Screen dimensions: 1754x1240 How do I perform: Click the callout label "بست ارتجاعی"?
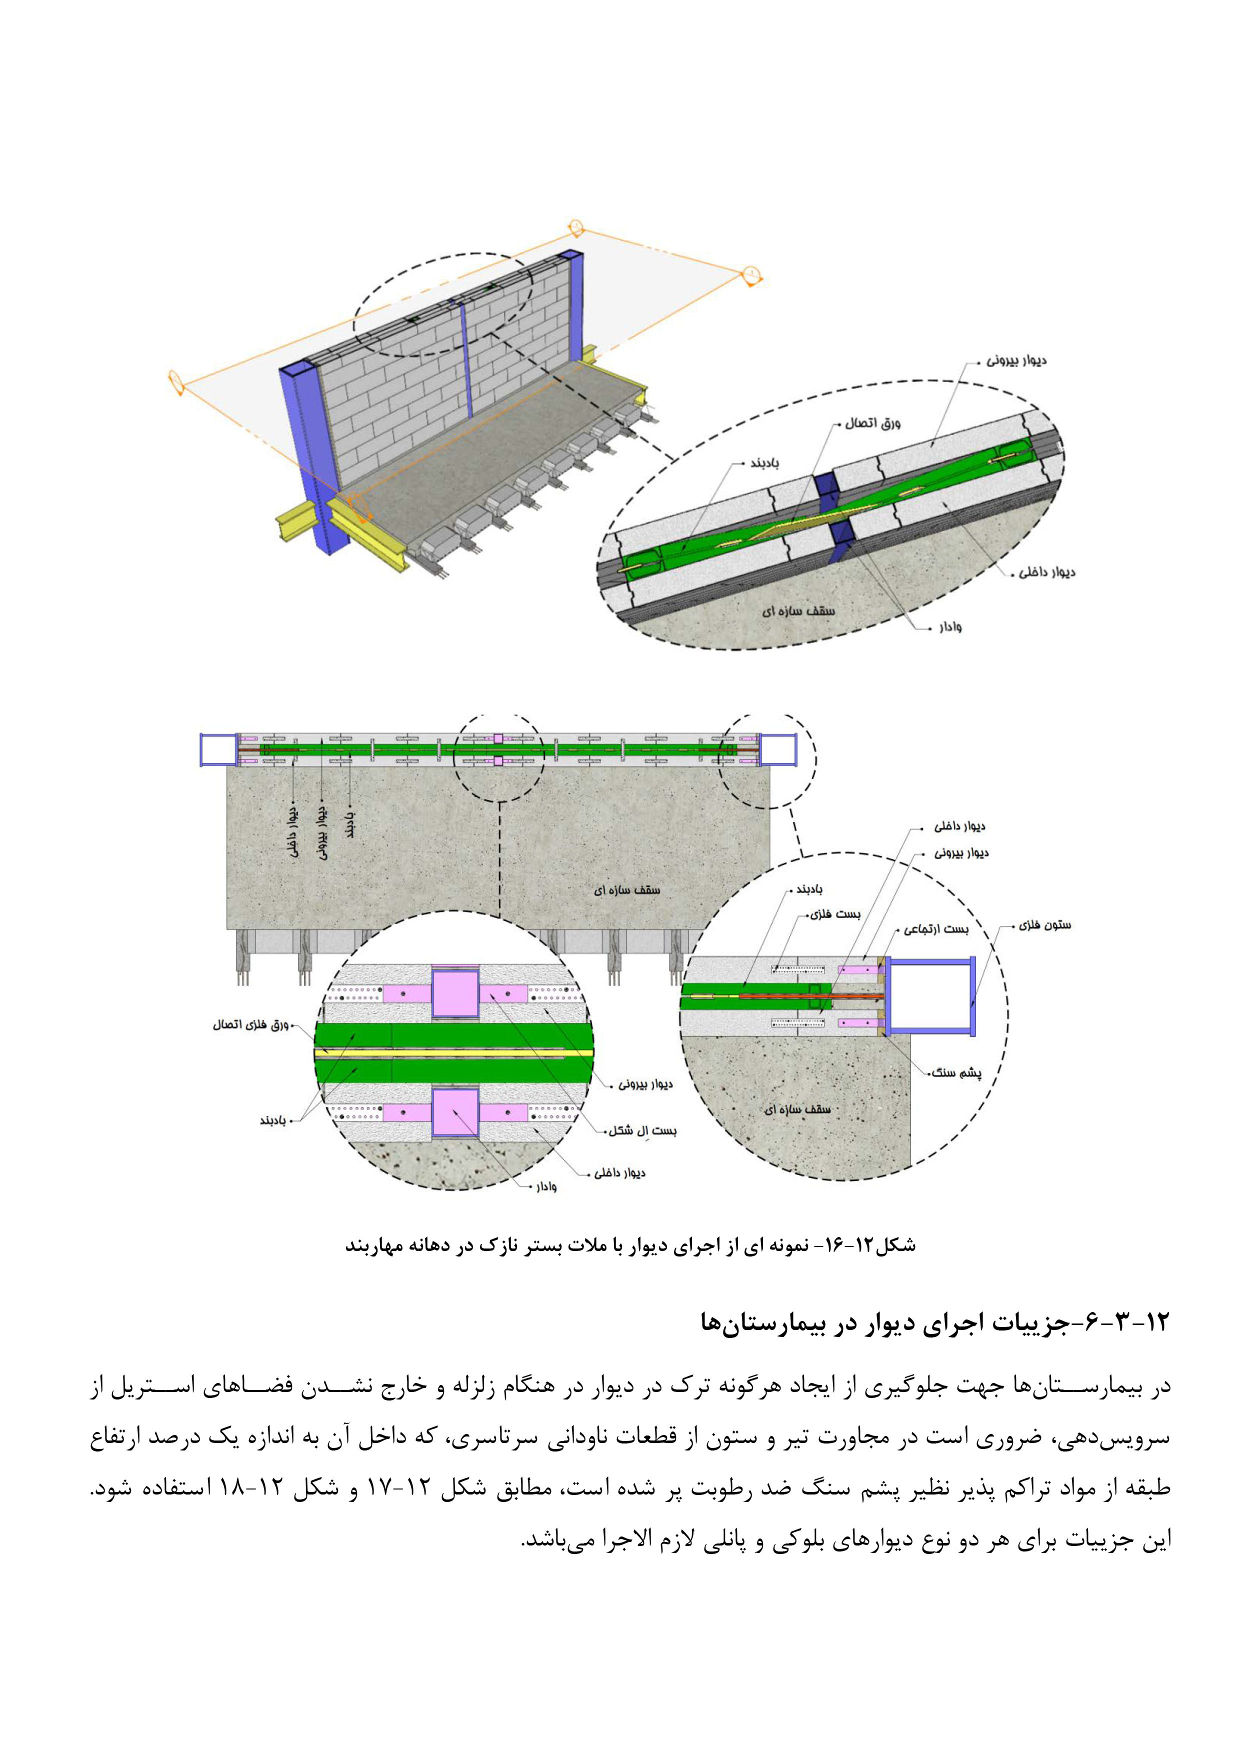936,929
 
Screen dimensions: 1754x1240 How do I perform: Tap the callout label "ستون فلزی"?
1044,925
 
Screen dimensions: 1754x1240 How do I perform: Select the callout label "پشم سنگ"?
956,1072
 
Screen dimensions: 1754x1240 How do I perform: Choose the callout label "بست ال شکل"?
642,1130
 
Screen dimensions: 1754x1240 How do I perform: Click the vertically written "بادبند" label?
350,825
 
